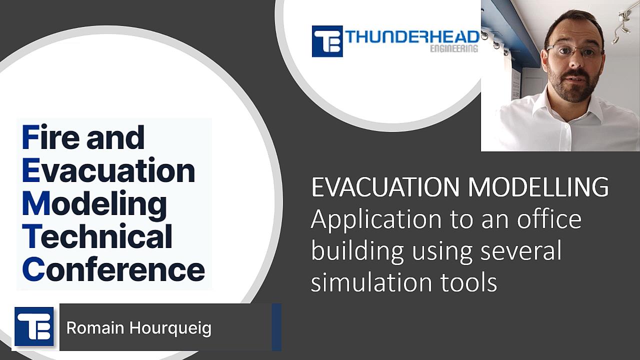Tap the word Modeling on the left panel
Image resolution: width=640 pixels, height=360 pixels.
[x=94, y=204]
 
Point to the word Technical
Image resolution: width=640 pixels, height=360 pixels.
[x=97, y=236]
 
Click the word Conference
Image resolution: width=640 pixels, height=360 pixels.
[x=113, y=269]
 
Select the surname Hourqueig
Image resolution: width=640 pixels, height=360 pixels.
[x=170, y=328]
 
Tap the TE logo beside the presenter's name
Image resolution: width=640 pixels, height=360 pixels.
[x=34, y=326]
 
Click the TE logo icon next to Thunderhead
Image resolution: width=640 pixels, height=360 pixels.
[x=327, y=41]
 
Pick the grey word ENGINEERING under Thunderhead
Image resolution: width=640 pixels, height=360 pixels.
[x=454, y=49]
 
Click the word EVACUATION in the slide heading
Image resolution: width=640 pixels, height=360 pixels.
[x=385, y=187]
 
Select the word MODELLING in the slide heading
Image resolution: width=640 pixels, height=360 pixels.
[x=538, y=187]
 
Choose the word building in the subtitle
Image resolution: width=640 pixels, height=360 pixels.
[x=357, y=251]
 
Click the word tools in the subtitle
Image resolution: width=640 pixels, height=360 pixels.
[x=469, y=282]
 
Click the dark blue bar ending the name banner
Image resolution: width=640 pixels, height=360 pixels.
[x=276, y=327]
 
